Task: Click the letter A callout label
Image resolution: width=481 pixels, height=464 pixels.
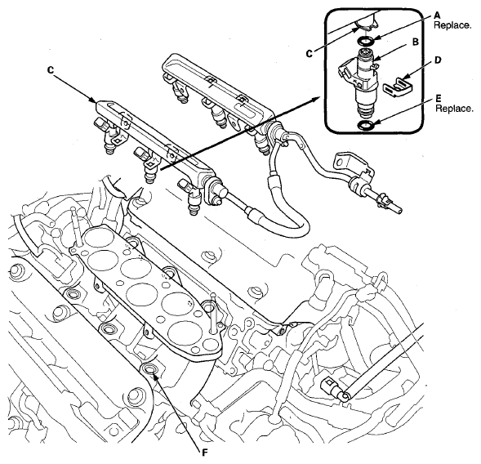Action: point(438,15)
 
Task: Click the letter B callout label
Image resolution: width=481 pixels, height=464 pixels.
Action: point(416,42)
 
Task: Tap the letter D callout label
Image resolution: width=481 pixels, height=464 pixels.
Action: point(438,60)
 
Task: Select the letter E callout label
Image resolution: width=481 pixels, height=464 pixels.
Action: point(439,98)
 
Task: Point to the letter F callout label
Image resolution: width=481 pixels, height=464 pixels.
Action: point(205,452)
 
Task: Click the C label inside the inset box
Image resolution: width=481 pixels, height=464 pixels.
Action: point(310,54)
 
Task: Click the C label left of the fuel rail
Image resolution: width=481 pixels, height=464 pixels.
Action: point(51,70)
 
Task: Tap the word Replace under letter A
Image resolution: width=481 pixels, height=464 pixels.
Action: point(452,25)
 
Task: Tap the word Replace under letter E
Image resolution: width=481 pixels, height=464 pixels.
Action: point(454,109)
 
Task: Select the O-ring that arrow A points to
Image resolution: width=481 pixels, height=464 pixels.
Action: point(366,40)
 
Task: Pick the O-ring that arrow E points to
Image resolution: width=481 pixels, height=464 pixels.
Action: point(366,125)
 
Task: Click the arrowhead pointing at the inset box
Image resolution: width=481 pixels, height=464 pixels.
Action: point(317,99)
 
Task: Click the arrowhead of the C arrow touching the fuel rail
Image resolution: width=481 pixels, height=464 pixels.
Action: point(94,100)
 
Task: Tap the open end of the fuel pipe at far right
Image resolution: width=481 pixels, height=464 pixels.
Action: point(399,211)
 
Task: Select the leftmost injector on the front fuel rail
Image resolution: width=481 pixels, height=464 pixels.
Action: point(107,136)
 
